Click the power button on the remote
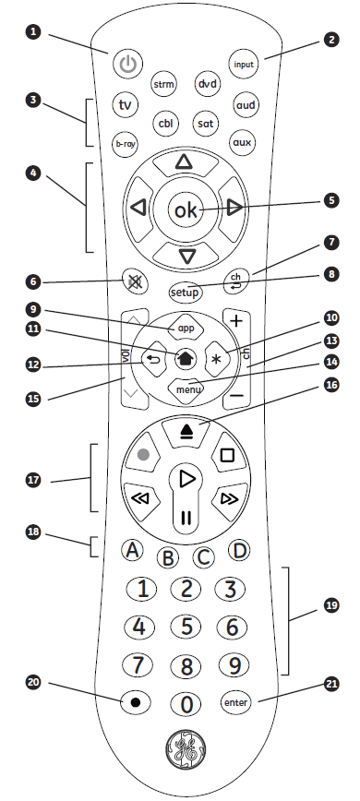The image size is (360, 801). pyautogui.click(x=128, y=66)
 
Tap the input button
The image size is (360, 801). pyautogui.click(x=244, y=65)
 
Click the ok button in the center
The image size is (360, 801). pyautogui.click(x=184, y=210)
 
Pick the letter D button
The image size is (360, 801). pyautogui.click(x=238, y=550)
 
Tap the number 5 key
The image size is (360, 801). pyautogui.click(x=186, y=627)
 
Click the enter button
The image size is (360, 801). pyautogui.click(x=235, y=702)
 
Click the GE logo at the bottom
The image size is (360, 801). pyautogui.click(x=185, y=752)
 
